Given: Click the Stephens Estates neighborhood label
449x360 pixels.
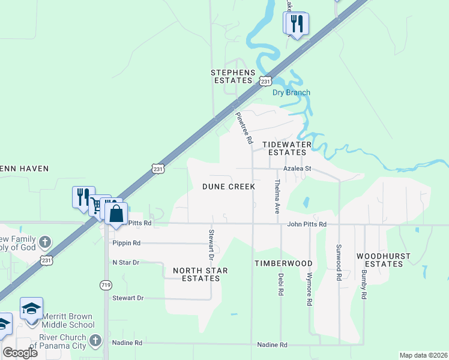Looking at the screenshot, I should (231, 76).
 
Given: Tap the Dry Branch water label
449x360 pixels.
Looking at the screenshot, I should (291, 92).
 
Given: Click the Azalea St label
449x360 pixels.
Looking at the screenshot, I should (297, 169).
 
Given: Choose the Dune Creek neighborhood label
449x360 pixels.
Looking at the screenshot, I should (229, 187).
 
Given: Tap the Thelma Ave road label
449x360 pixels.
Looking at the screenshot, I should (277, 197).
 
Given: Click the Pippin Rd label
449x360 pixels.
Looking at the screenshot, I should (126, 243).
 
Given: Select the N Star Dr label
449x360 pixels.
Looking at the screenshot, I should (125, 263).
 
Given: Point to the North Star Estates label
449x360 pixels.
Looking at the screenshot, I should (200, 274).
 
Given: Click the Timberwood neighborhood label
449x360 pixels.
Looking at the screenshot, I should (283, 263).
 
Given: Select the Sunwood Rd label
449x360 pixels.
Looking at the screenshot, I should (339, 263).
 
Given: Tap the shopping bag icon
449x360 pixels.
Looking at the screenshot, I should (116, 214).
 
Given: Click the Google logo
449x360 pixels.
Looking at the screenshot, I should (20, 353).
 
